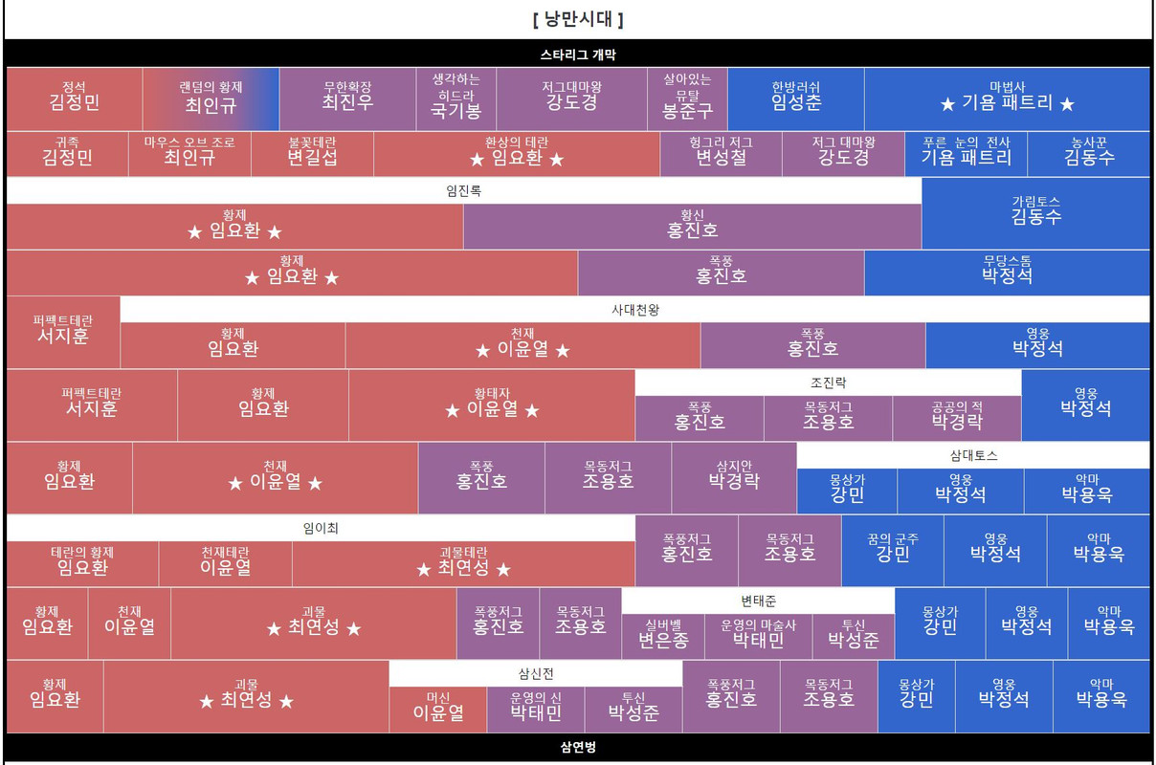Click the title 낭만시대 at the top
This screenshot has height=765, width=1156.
577,19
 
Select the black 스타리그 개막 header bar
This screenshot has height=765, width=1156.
577,55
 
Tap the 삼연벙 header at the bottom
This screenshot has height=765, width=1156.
577,747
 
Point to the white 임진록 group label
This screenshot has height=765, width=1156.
464,190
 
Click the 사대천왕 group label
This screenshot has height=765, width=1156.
634,310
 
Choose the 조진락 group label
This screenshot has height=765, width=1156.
828,382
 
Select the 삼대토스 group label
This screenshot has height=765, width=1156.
972,455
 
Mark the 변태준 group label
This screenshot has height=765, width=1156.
758,601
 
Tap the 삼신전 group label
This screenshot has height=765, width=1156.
535,673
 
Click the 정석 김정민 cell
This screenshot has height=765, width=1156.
74,98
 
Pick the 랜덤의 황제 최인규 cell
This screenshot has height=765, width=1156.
211,98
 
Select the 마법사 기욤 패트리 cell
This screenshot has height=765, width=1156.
1007,98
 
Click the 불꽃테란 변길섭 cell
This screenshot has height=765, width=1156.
312,153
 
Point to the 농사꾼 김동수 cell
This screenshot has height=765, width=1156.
1089,153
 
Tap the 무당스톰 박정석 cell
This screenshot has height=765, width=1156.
1007,272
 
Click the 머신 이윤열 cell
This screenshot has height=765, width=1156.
437,709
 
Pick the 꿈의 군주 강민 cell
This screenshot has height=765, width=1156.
892,549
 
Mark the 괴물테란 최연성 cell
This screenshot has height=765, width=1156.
463,562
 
